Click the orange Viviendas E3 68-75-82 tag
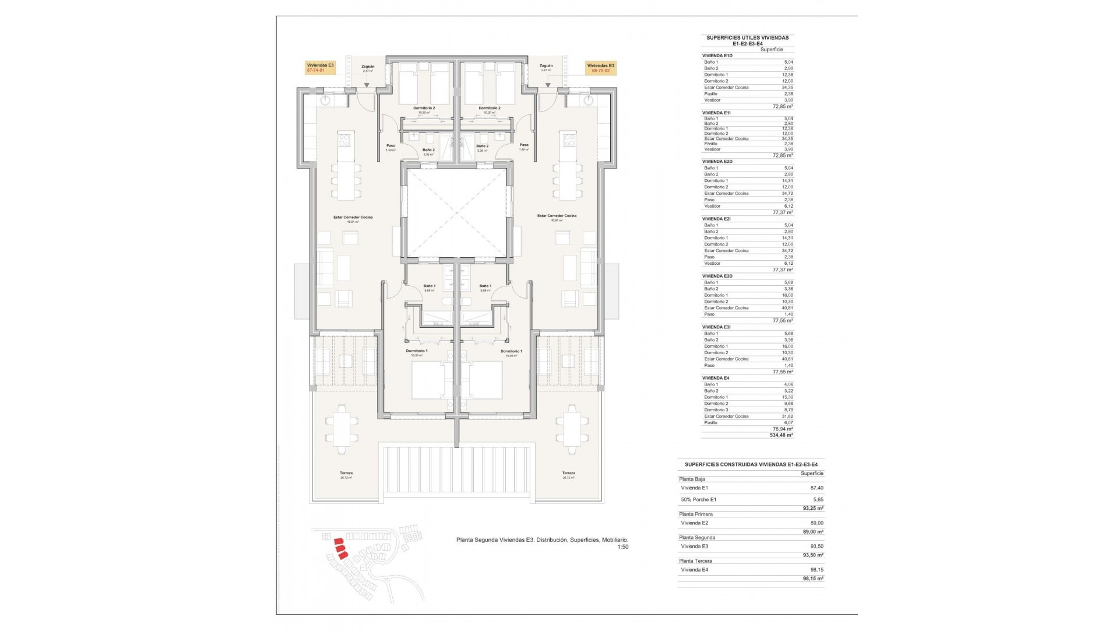pos(600,68)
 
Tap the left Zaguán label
pos(368,66)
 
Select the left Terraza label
pos(346,473)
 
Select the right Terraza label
pos(568,473)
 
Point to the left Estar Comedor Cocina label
pos(353,217)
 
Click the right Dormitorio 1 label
pos(511,351)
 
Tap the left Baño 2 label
pos(428,150)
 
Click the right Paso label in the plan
pos(524,145)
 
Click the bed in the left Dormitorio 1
pos(428,380)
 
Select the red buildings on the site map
pos(340,549)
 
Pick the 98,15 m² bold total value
pos(812,579)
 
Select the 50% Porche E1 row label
pos(698,499)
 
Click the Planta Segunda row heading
pos(696,537)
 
